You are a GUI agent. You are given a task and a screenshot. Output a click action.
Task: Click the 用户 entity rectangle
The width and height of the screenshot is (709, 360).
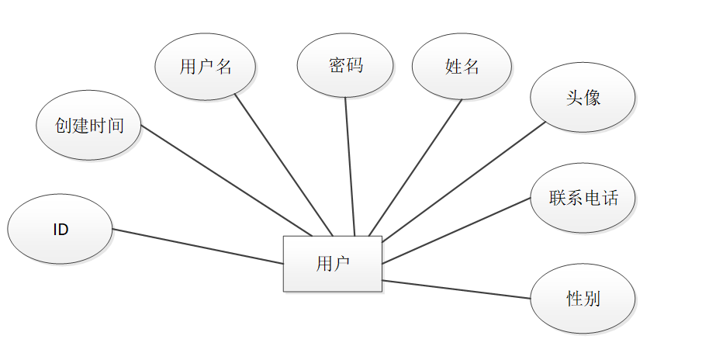point(332,264)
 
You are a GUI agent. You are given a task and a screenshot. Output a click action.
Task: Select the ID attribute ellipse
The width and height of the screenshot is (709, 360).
point(60,230)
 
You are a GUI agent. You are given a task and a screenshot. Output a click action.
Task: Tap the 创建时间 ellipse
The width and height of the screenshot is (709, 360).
point(88,126)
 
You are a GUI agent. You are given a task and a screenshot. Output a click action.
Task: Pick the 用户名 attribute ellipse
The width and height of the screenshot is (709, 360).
point(206,66)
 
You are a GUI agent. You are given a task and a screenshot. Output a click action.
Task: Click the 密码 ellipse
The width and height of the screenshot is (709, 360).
point(346,65)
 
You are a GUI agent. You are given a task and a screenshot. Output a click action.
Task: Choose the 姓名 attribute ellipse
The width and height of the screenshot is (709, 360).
point(462,66)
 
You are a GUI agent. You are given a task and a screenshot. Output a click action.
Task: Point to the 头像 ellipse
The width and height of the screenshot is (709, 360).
point(583,98)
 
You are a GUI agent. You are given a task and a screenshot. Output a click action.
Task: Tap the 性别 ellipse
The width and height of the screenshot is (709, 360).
point(583,299)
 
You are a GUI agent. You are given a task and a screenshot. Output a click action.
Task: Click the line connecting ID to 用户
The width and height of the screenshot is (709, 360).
point(198,246)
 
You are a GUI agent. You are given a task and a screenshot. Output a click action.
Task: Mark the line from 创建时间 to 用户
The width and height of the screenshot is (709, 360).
point(225,180)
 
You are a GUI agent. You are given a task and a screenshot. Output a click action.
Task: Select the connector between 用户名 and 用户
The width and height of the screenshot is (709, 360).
point(283,164)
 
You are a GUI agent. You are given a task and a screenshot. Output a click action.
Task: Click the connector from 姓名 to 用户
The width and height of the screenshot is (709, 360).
point(415,167)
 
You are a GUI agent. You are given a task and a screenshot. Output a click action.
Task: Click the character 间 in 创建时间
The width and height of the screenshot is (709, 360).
point(116,126)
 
